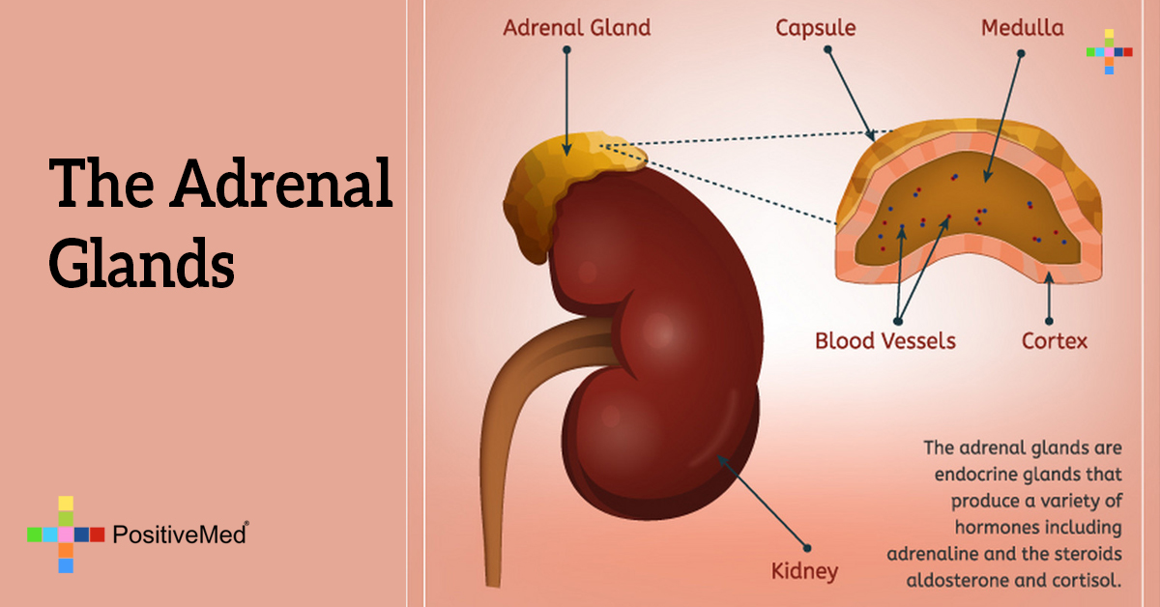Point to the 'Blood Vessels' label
[x=884, y=340]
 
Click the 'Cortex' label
[x=1055, y=340]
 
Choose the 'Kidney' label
[x=804, y=570]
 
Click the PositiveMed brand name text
[x=180, y=534]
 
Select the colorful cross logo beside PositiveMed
[x=66, y=534]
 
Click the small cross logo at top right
[x=1109, y=51]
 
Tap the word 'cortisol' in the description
[x=1087, y=580]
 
